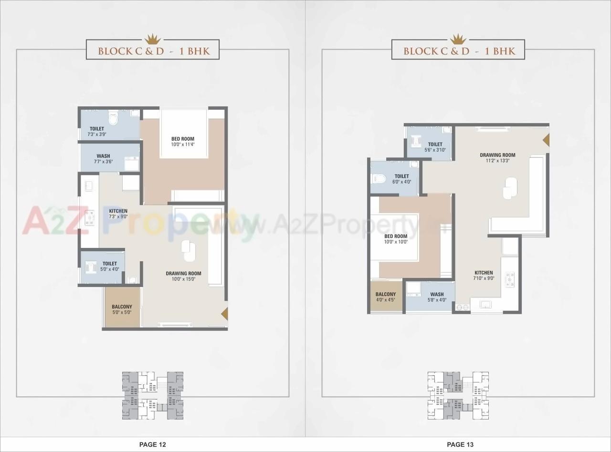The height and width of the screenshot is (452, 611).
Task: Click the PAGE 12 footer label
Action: click(152, 444)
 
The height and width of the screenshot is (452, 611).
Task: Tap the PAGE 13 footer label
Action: click(460, 444)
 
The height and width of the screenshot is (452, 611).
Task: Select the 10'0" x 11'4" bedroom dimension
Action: click(183, 144)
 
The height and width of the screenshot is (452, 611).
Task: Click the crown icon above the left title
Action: click(152, 38)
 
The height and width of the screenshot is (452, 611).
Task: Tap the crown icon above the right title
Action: click(458, 38)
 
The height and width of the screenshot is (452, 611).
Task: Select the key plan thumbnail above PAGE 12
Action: click(153, 395)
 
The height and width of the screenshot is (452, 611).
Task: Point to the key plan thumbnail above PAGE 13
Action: click(458, 395)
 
